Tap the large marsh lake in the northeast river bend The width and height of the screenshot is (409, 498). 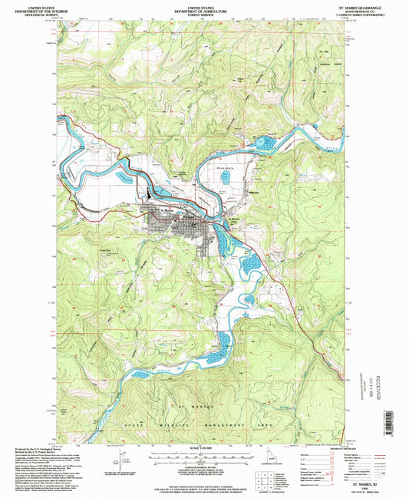[266, 142]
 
